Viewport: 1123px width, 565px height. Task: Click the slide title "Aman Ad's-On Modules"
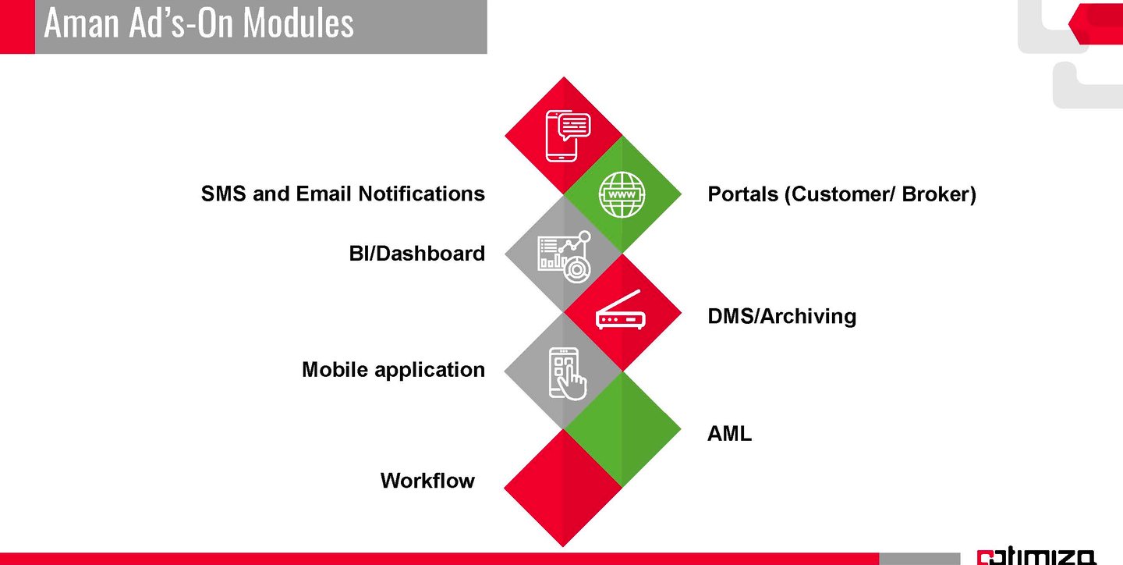click(x=199, y=23)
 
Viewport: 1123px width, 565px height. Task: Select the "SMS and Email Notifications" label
click(x=342, y=194)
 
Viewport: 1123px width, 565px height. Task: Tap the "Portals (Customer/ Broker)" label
click(x=841, y=194)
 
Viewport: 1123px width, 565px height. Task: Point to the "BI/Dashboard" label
click(x=416, y=254)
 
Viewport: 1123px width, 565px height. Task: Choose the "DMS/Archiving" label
click(x=781, y=316)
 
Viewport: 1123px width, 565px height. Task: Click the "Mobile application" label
click(x=393, y=370)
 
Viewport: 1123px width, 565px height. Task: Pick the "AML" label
click(x=729, y=435)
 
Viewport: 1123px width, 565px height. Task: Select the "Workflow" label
click(x=427, y=481)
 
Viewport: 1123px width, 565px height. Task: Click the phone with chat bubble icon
click(x=568, y=135)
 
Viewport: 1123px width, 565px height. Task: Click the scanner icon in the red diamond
click(x=621, y=312)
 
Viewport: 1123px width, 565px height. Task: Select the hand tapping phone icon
click(x=568, y=373)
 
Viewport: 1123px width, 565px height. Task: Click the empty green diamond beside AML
click(x=622, y=429)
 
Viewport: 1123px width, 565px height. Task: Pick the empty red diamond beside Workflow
click(x=563, y=488)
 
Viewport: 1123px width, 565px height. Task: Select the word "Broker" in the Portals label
click(x=935, y=194)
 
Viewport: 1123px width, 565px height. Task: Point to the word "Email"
click(x=322, y=194)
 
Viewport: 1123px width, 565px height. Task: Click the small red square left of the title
click(x=17, y=27)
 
